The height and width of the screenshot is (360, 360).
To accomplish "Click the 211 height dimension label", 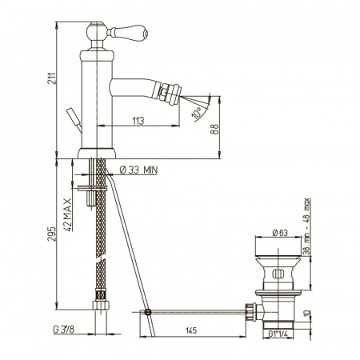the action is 52,78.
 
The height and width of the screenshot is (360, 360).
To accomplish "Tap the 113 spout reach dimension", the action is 138,121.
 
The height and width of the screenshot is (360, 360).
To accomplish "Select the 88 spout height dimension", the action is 215,130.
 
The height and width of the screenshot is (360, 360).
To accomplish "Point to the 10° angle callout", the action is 197,113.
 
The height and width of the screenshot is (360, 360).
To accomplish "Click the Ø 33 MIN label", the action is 138,170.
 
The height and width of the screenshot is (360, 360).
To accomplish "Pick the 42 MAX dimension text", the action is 68,214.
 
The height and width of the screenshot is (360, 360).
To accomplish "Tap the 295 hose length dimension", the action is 52,234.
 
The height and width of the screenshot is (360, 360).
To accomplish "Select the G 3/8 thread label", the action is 64,330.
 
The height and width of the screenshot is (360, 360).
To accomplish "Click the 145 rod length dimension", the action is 191,330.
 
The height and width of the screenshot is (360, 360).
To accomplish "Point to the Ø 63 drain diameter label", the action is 280,233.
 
